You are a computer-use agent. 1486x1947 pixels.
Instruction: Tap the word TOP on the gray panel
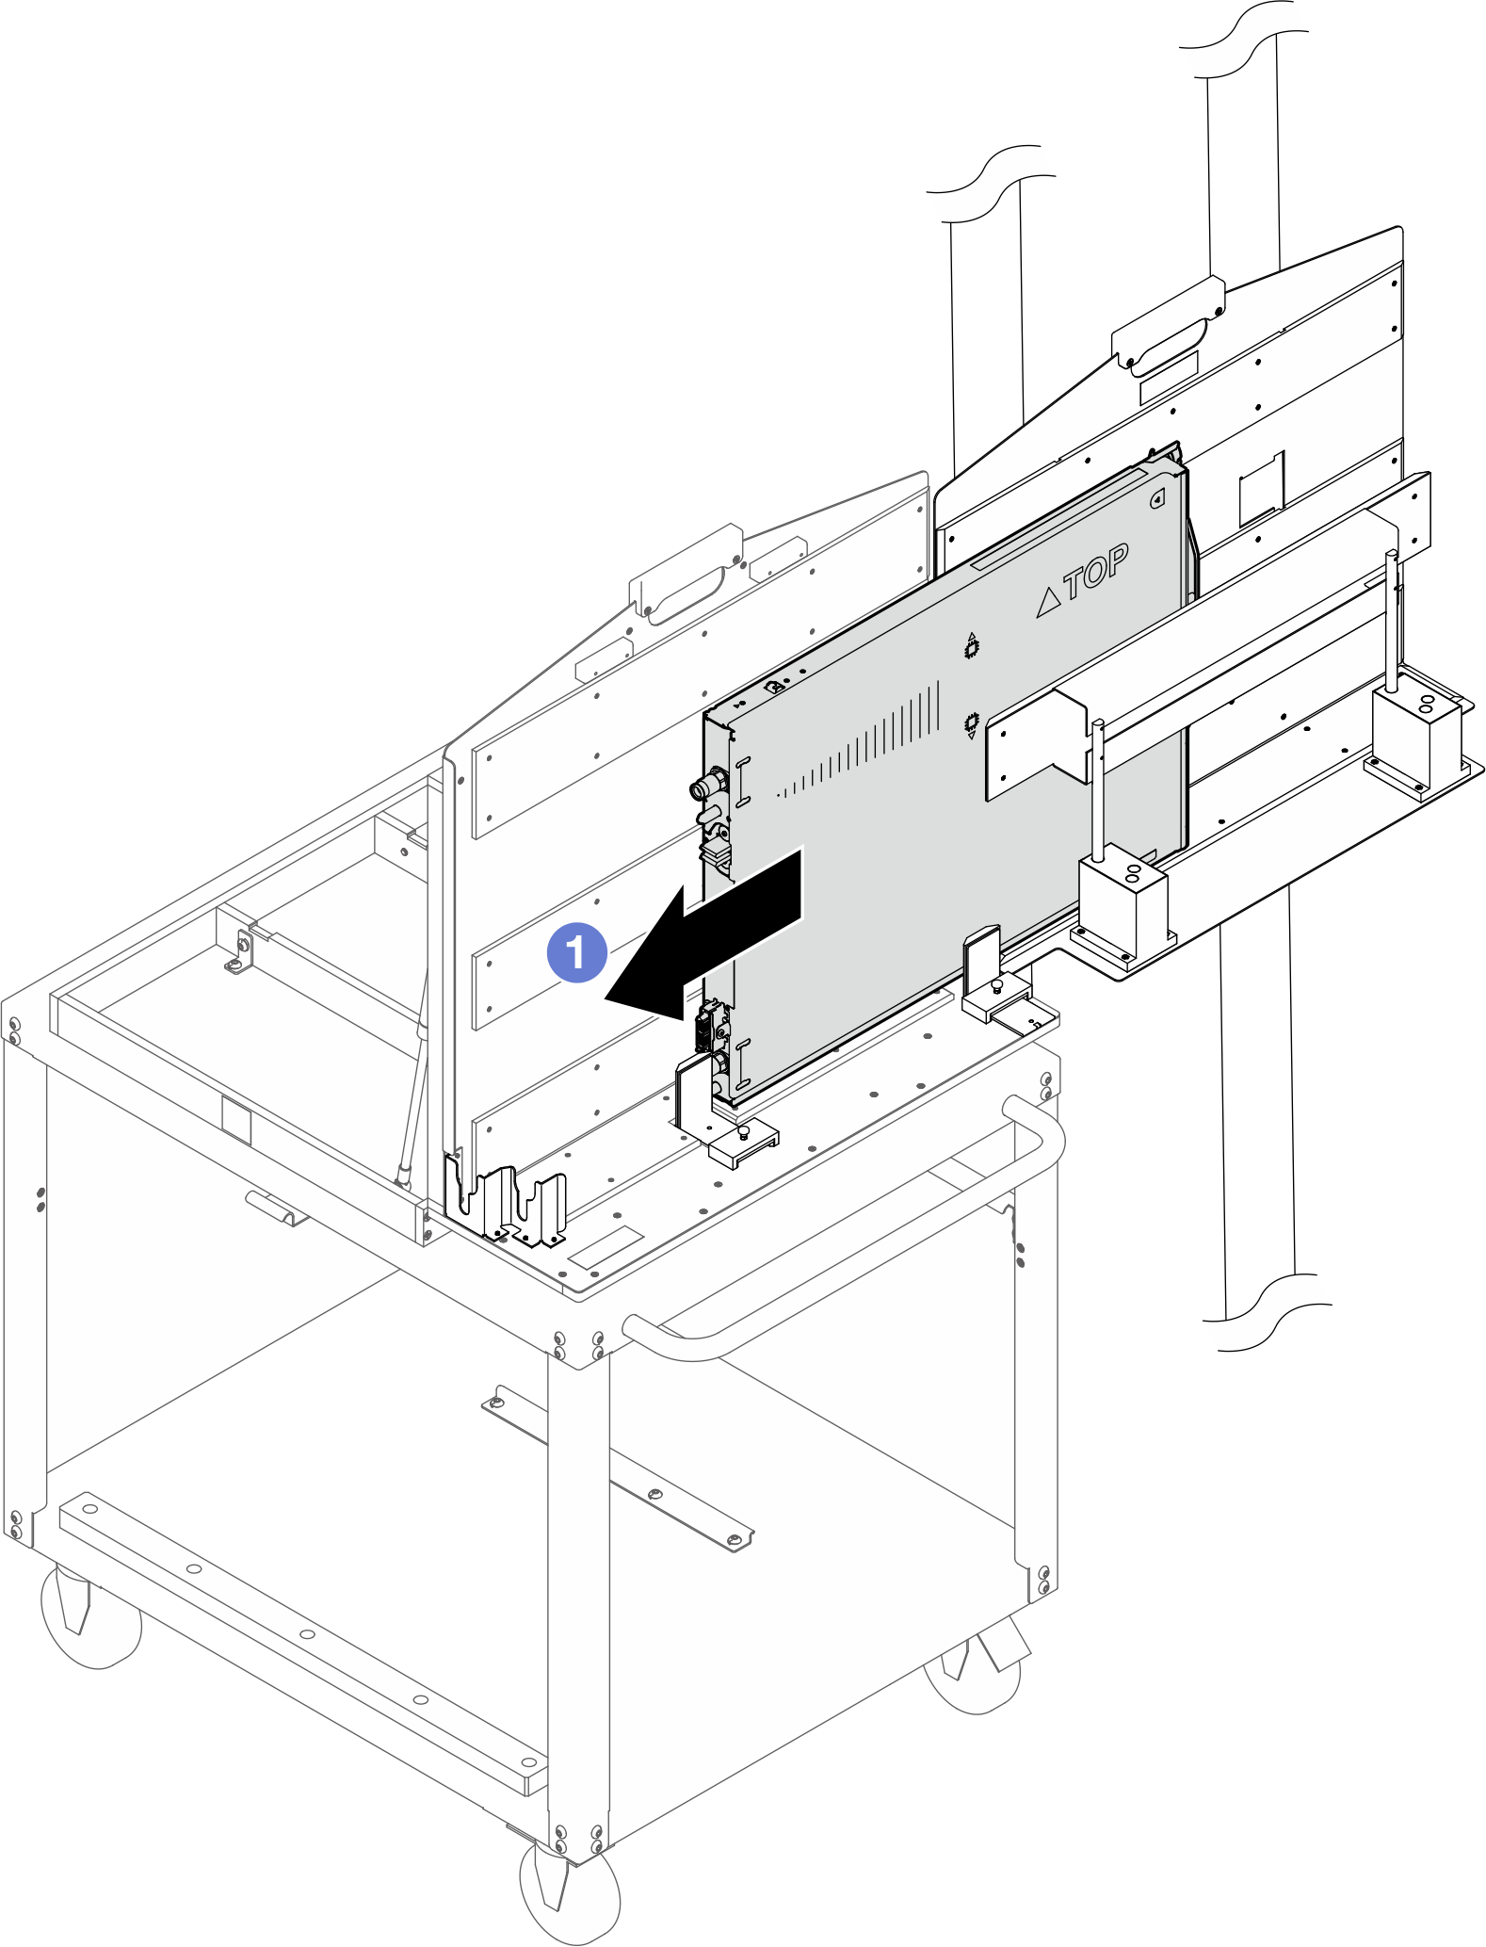coord(1096,571)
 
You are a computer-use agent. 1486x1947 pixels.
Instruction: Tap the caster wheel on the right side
coord(975,1672)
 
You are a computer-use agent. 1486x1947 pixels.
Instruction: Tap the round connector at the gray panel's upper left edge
coord(708,784)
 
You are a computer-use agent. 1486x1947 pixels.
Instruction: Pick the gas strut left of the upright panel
coord(414,1074)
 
